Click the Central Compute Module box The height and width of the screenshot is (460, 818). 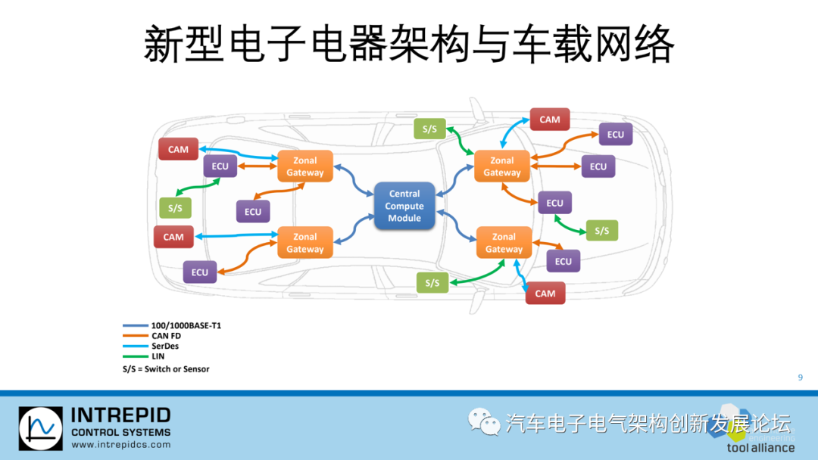point(404,206)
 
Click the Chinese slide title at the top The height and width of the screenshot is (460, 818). point(409,45)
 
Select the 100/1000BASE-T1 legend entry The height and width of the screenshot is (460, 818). point(186,325)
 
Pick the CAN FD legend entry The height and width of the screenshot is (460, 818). point(166,336)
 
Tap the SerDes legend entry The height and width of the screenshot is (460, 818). point(165,346)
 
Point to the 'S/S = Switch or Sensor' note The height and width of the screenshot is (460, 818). point(166,369)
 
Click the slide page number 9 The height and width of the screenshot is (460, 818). point(801,378)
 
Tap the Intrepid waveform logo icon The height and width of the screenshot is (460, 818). point(40,428)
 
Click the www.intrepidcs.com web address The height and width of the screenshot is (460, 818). point(120,445)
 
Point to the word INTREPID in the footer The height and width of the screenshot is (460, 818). point(120,415)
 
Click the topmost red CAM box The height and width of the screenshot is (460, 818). point(549,120)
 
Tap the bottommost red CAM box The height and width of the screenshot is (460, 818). point(545,294)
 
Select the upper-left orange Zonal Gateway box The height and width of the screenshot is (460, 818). point(304,166)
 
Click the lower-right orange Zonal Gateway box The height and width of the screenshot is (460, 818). point(504,243)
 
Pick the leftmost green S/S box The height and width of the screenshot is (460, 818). point(175,207)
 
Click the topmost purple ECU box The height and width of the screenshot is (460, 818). point(615,135)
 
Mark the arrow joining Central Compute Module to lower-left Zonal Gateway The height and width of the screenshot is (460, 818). point(352,230)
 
